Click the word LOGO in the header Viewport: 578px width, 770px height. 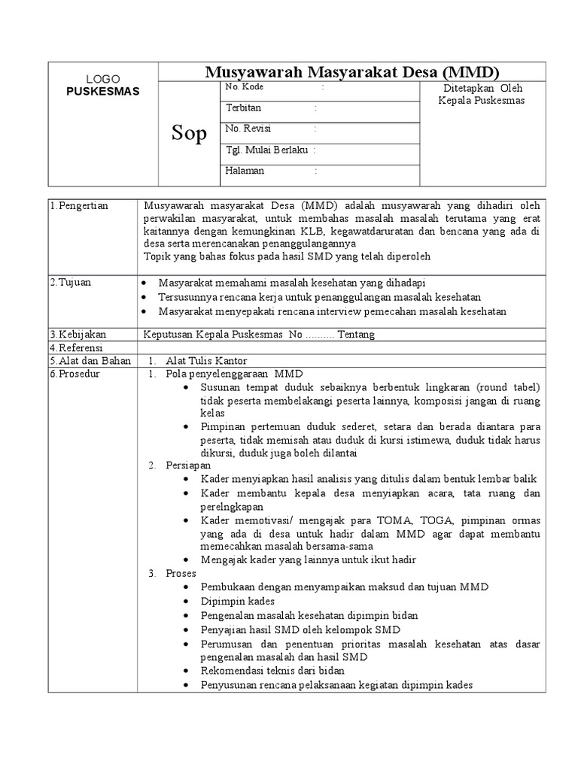coord(102,79)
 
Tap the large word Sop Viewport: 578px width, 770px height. coord(188,134)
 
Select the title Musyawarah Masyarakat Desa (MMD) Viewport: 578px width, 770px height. coord(352,72)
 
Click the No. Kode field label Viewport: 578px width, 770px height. coord(244,88)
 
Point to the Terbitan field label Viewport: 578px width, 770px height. coord(243,108)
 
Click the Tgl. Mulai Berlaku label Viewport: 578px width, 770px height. coord(266,150)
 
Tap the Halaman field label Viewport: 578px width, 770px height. coord(245,171)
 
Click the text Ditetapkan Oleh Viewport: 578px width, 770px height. coord(481,87)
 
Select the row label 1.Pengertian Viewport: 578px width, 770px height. coord(80,206)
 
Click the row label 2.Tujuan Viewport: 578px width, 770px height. coord(71,282)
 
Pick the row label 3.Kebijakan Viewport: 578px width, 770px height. coord(78,334)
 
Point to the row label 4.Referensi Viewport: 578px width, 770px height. coord(78,347)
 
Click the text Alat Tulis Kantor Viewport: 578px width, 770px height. coord(206,361)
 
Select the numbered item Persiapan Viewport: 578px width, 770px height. coord(188,466)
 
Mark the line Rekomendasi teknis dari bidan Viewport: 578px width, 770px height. coord(272,670)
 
